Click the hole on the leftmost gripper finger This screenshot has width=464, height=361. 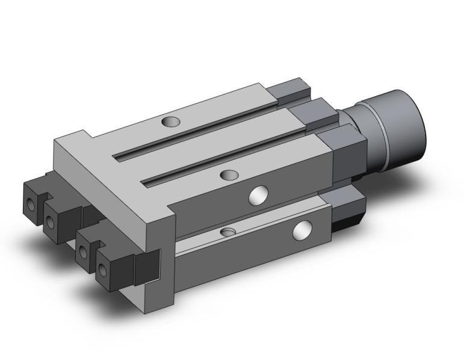coord(30,205)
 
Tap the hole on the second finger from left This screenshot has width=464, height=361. coord(50,223)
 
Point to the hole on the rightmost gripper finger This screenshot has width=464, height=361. coord(102,270)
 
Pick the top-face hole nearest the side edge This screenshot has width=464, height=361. coord(229,175)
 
